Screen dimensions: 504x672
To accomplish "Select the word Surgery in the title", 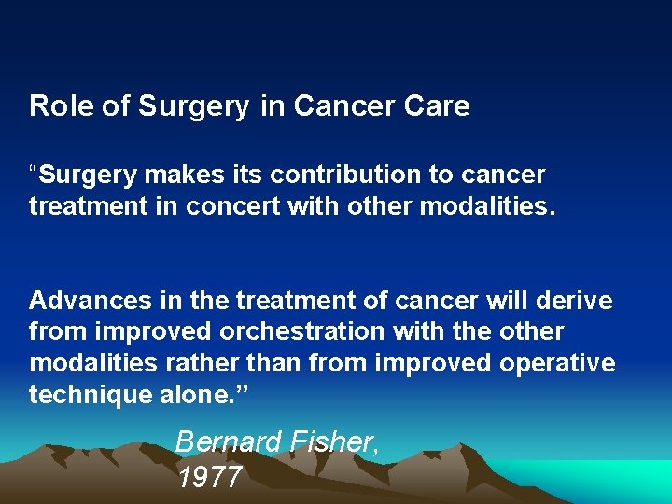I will coord(194,106).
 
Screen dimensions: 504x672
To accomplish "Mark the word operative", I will coord(558,362).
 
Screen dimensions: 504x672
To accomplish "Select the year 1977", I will coord(209,477).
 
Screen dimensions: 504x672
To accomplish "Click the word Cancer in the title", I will coord(334,106).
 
